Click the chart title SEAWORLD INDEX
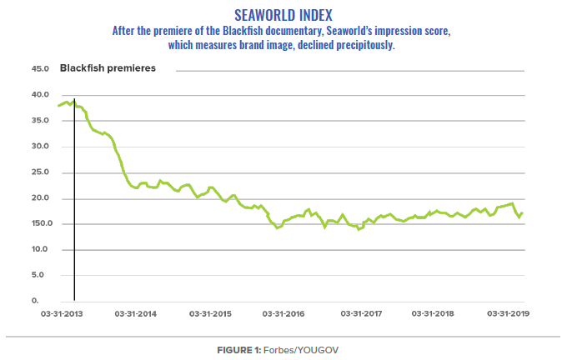click(283, 14)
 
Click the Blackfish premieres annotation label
click(108, 67)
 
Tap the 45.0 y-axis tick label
click(40, 68)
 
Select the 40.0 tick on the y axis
click(40, 94)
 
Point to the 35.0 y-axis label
click(40, 120)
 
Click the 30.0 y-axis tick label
click(40, 146)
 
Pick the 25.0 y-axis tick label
click(40, 172)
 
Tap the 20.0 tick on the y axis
click(40, 197)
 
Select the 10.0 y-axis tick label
click(40, 249)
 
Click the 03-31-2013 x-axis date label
click(62, 313)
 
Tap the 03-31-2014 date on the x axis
click(136, 313)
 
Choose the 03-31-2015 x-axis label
click(211, 313)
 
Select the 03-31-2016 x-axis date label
click(285, 313)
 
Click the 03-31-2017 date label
click(360, 313)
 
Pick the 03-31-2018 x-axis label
click(434, 313)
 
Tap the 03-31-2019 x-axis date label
click(509, 313)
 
